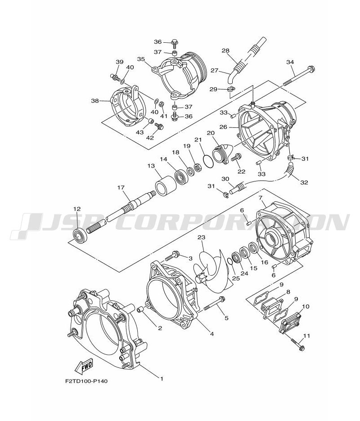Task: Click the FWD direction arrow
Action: coord(85,367)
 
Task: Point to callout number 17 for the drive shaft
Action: coord(121,188)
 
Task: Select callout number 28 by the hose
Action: coord(225,51)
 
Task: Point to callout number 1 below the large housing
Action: coord(162,379)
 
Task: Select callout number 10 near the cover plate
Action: coord(306,307)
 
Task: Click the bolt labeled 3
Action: coord(173,257)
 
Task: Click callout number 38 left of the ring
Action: coord(95,101)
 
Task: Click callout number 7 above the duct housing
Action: coord(260,198)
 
